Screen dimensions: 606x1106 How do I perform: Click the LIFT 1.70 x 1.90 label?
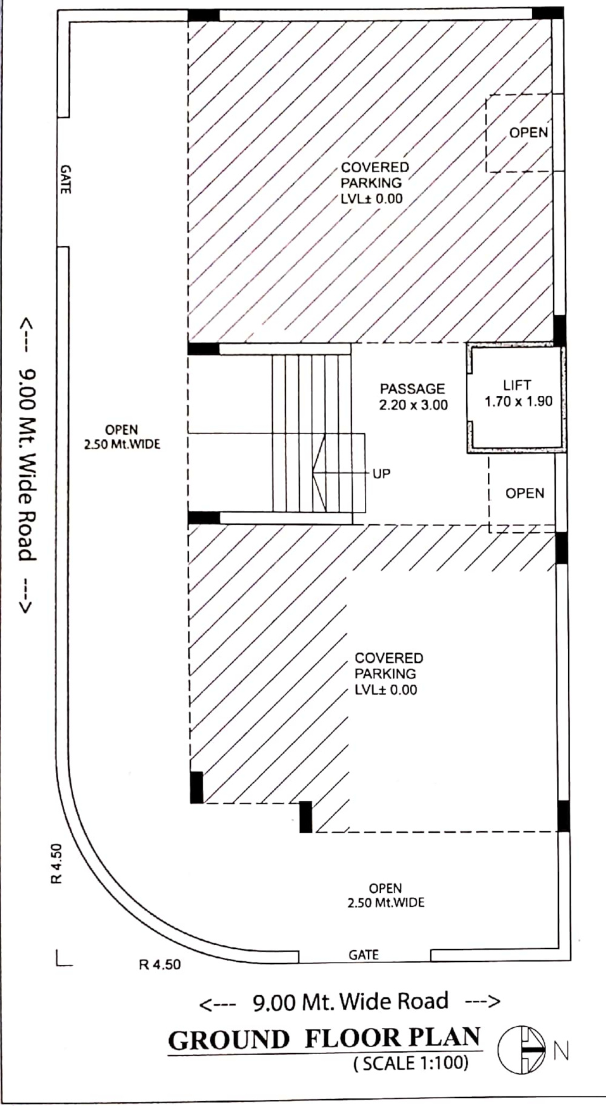point(518,393)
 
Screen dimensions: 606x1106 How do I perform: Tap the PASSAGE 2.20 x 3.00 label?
point(413,397)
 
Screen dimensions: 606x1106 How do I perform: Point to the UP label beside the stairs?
point(381,473)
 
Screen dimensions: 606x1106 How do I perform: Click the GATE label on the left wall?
point(65,180)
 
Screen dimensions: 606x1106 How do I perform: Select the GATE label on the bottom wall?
point(364,955)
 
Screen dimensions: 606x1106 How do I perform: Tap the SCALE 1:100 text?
point(411,1063)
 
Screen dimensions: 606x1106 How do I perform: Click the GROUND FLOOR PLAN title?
point(324,1039)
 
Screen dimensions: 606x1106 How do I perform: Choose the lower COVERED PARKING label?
point(388,674)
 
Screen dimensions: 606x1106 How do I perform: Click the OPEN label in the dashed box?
point(528,133)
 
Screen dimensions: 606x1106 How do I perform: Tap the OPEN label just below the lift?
point(525,493)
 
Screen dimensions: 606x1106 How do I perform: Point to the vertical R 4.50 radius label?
point(56,863)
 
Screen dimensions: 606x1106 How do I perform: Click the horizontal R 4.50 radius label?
point(160,964)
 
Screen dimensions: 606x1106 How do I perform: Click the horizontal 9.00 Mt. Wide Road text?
point(350,1002)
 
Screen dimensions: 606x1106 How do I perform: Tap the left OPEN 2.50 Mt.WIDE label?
point(122,437)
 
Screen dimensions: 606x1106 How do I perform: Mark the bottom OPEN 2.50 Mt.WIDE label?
point(385,895)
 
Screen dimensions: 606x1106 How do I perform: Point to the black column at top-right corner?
point(548,13)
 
